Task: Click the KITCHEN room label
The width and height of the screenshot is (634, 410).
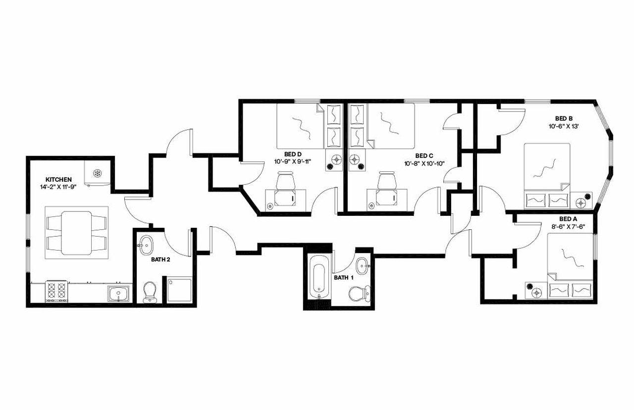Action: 59,179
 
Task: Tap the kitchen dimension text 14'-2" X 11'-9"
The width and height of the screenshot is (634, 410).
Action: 59,187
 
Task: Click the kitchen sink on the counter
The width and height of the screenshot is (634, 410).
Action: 119,294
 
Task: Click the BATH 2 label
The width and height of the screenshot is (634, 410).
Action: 161,259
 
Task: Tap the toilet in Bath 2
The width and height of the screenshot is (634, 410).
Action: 149,292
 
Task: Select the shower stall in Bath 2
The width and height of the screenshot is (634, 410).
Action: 179,290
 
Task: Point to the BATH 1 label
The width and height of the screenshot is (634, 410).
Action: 344,278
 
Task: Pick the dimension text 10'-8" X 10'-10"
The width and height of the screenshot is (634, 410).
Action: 424,164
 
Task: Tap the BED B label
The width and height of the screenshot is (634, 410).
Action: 564,118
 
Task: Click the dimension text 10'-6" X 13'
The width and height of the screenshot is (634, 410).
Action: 564,126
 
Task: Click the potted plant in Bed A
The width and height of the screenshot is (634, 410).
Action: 530,286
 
